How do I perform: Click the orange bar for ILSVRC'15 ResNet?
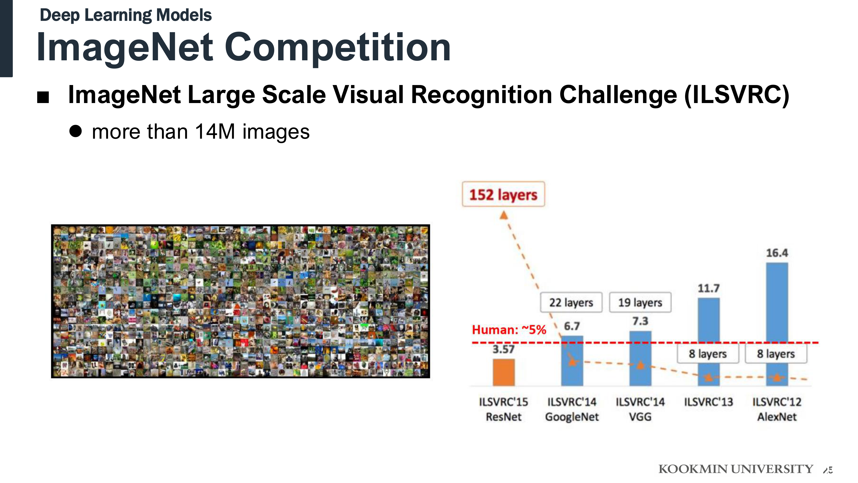tap(504, 372)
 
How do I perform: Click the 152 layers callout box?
tap(503, 194)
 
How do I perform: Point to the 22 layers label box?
tap(571, 302)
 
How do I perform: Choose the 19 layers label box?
tap(640, 302)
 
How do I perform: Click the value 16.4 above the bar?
tap(777, 253)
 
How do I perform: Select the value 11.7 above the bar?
tap(709, 288)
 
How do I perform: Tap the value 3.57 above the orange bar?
tap(504, 349)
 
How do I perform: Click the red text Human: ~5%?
tap(509, 330)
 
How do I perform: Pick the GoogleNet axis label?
tap(572, 417)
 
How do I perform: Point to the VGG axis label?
tap(640, 417)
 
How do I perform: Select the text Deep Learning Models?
tap(126, 15)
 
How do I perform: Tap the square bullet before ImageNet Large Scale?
tap(43, 97)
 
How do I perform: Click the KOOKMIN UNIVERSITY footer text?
tap(736, 469)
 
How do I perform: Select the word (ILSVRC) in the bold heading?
tap(737, 95)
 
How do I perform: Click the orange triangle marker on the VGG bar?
tap(640, 365)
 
